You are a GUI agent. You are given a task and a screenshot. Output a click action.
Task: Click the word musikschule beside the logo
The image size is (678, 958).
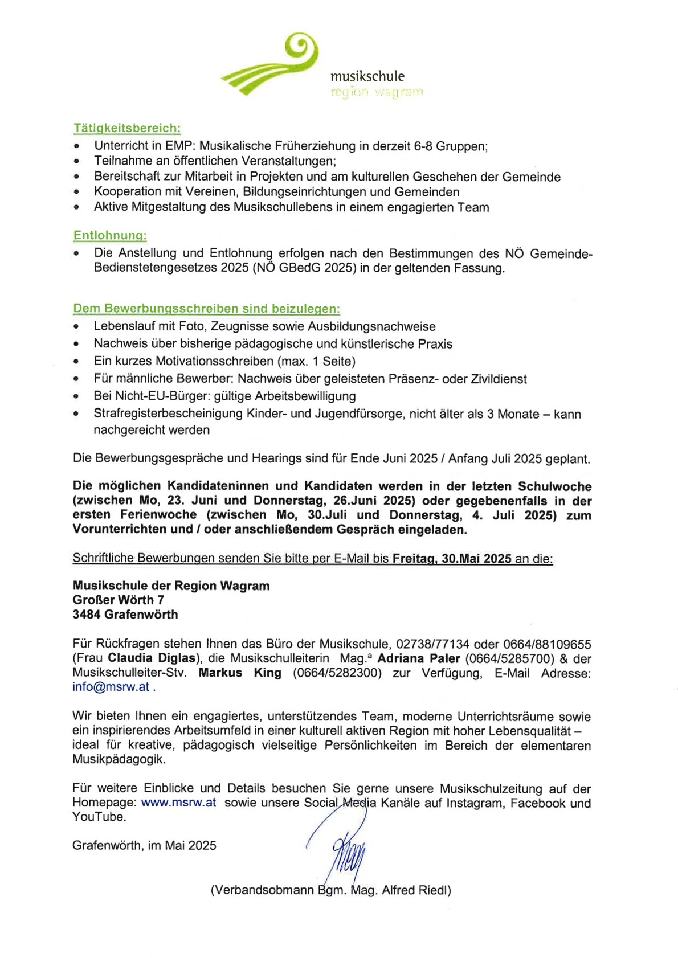click(367, 76)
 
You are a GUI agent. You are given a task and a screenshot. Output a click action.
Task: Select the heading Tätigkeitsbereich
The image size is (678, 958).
click(126, 128)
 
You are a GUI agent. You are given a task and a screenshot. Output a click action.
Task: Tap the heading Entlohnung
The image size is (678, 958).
click(110, 235)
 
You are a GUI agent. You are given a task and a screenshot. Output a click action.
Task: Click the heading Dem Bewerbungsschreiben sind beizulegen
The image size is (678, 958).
click(206, 309)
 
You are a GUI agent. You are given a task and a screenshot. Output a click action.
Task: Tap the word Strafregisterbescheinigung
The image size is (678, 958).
click(168, 414)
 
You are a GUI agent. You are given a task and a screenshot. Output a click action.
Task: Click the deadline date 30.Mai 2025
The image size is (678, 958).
click(476, 559)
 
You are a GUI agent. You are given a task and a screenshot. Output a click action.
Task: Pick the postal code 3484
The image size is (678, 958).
click(87, 615)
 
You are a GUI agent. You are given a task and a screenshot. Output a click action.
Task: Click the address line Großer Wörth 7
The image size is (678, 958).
click(119, 600)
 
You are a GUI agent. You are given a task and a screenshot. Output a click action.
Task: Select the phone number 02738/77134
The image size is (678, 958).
click(432, 644)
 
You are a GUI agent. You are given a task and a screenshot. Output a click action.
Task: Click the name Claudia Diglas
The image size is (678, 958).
click(152, 658)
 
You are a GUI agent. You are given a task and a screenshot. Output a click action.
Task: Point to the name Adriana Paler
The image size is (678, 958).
click(419, 658)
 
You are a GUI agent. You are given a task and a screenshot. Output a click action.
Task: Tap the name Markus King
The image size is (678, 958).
click(240, 673)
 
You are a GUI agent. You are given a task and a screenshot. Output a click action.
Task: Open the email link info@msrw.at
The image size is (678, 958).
click(111, 687)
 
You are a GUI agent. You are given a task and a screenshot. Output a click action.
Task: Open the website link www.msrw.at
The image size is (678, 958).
click(178, 803)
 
